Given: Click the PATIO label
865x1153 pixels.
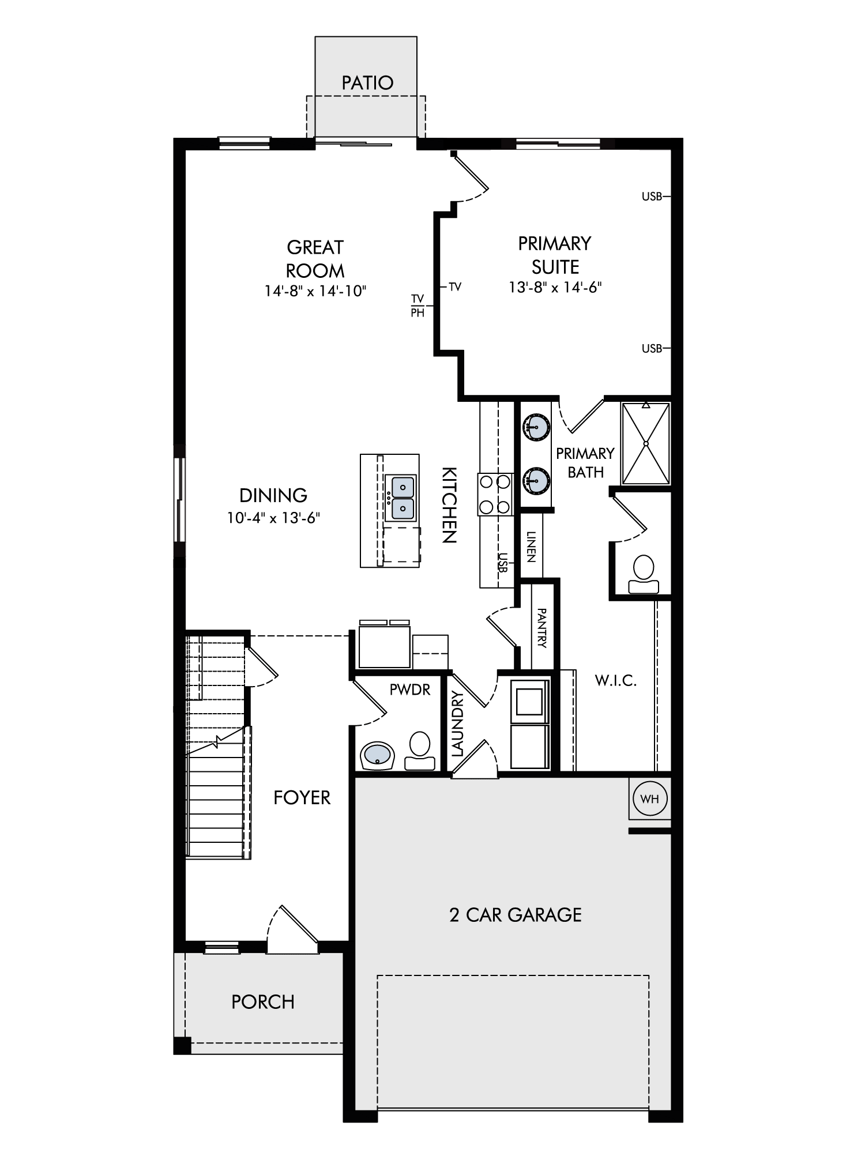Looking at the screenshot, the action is coord(367,83).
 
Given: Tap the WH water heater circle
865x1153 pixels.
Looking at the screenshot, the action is coord(650,799).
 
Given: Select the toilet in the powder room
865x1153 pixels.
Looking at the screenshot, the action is coord(420,751).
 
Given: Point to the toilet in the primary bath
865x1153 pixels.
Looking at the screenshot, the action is coord(644,574).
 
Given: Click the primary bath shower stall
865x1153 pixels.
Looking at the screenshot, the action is coord(646,443).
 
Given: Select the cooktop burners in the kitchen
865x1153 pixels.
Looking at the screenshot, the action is coord(495,494).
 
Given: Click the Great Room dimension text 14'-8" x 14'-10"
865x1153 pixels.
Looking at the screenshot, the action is coord(315,291).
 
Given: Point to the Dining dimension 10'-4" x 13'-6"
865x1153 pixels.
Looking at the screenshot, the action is coord(273,518).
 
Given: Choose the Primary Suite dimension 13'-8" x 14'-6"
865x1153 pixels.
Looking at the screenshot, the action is coord(555,287).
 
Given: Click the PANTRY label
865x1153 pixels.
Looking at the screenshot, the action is coord(541,627).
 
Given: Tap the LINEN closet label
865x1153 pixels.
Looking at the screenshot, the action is coord(531,547).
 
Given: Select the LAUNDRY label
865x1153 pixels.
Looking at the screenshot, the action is coord(457,724).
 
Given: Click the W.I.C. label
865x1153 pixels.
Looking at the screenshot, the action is coord(616,681).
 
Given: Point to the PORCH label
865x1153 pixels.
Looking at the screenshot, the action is coord(263,1002).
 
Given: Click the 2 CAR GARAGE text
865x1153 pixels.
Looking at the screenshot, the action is coord(516,915).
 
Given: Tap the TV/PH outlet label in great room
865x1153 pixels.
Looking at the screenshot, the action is coord(418,306).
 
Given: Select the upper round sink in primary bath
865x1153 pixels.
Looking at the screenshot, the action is coord(536,427).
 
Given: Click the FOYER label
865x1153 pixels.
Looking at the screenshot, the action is coord(302,798).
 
